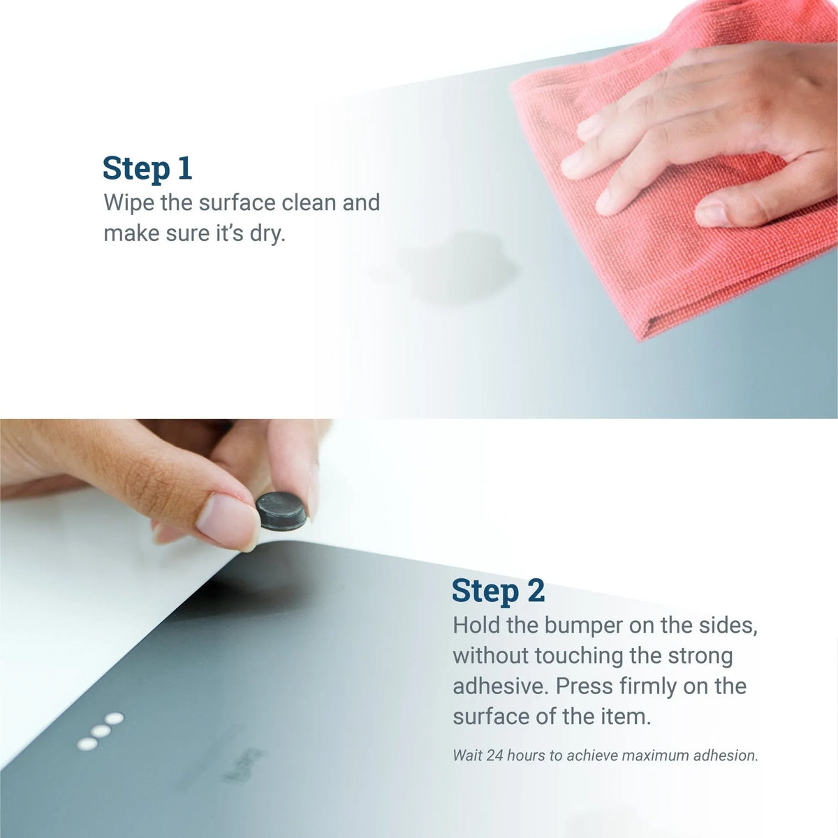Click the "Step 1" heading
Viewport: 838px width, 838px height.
pos(147,169)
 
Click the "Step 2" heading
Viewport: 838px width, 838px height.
pos(498,591)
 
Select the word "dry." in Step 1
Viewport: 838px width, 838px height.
pos(268,233)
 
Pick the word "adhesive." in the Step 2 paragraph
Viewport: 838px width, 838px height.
pos(500,686)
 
